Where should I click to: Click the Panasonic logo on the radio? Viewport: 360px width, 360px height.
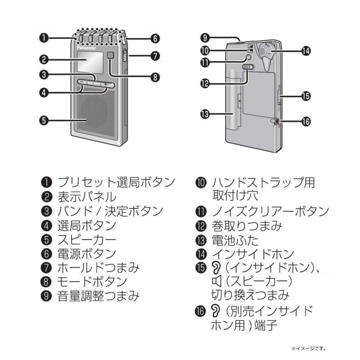coord(86,47)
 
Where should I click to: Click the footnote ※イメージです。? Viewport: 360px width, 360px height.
coord(310,348)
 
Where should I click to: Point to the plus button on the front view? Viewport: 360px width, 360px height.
coord(105,84)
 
